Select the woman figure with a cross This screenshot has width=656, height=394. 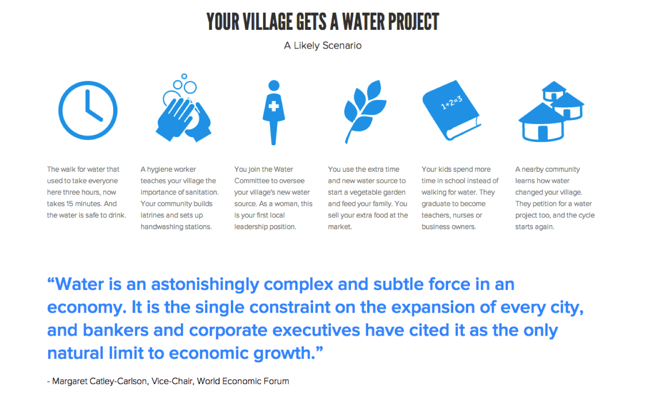pyautogui.click(x=273, y=113)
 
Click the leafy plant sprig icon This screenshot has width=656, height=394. pyautogui.click(x=365, y=112)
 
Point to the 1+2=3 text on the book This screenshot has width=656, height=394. pyautogui.click(x=451, y=102)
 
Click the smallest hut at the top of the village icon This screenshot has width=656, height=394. pyautogui.click(x=554, y=91)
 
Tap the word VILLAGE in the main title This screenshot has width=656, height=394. pyautogui.click(x=268, y=21)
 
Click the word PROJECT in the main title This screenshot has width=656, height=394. pyautogui.click(x=414, y=21)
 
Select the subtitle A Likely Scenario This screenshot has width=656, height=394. pyautogui.click(x=322, y=46)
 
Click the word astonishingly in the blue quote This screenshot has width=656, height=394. pyautogui.click(x=205, y=284)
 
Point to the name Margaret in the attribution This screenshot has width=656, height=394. pyautogui.click(x=70, y=381)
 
